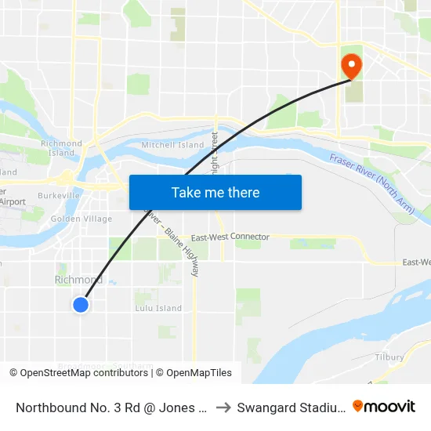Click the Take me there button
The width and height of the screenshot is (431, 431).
coord(215,192)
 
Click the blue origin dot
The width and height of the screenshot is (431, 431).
coord(81,305)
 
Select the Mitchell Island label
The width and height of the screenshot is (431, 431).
coord(172,145)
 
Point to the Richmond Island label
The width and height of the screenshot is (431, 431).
coord(61,148)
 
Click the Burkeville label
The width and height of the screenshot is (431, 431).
coord(59,196)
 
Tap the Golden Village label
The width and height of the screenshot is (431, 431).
coord(77,219)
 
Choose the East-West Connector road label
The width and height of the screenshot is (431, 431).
coord(230,237)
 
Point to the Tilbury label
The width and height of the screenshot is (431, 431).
coord(389,357)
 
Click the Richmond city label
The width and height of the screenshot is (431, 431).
coord(78,280)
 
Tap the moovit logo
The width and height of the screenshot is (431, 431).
coord(384,406)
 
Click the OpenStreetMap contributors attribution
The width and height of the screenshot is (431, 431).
coord(78,373)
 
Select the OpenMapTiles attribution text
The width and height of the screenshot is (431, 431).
coord(196,373)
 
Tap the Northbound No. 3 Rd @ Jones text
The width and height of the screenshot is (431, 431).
coord(110,407)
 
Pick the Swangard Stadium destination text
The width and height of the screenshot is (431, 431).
coord(290,407)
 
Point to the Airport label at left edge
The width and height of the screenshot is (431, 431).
coord(13,201)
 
